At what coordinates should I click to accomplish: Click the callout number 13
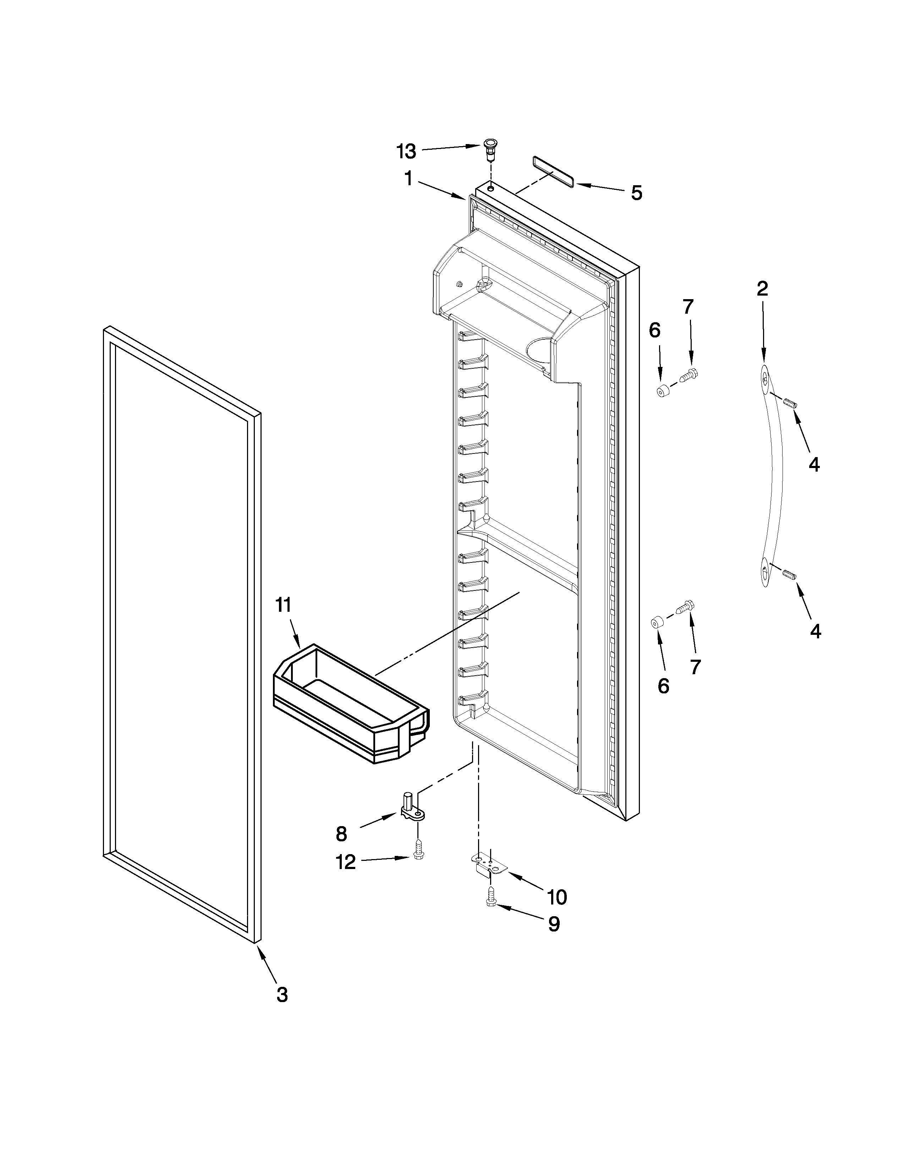pyautogui.click(x=406, y=152)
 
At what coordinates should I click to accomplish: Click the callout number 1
pyautogui.click(x=408, y=178)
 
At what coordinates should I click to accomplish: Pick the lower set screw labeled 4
pyautogui.click(x=788, y=575)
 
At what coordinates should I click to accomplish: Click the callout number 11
pyautogui.click(x=283, y=605)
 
